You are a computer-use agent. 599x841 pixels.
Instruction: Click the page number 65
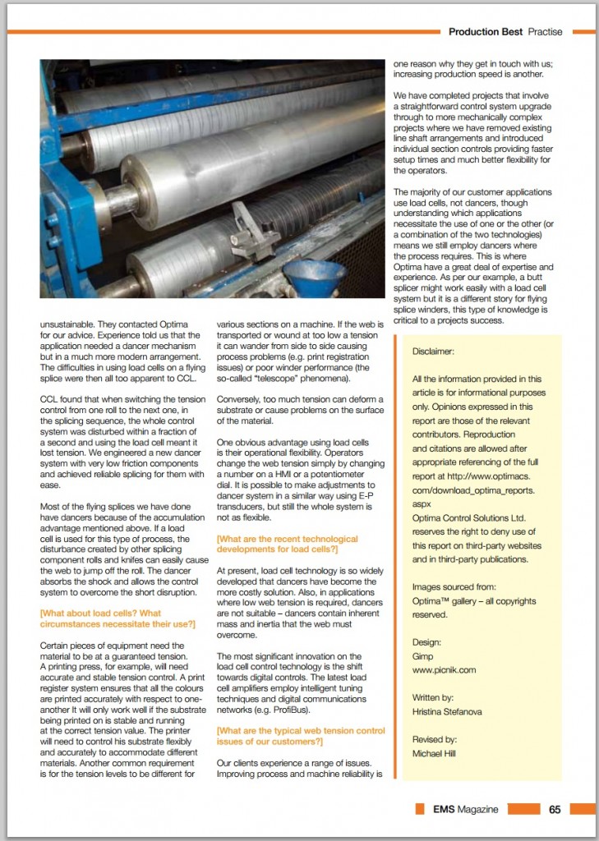click(555, 809)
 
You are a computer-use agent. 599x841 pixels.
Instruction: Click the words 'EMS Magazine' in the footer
click(465, 809)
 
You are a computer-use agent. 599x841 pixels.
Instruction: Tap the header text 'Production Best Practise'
click(505, 32)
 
